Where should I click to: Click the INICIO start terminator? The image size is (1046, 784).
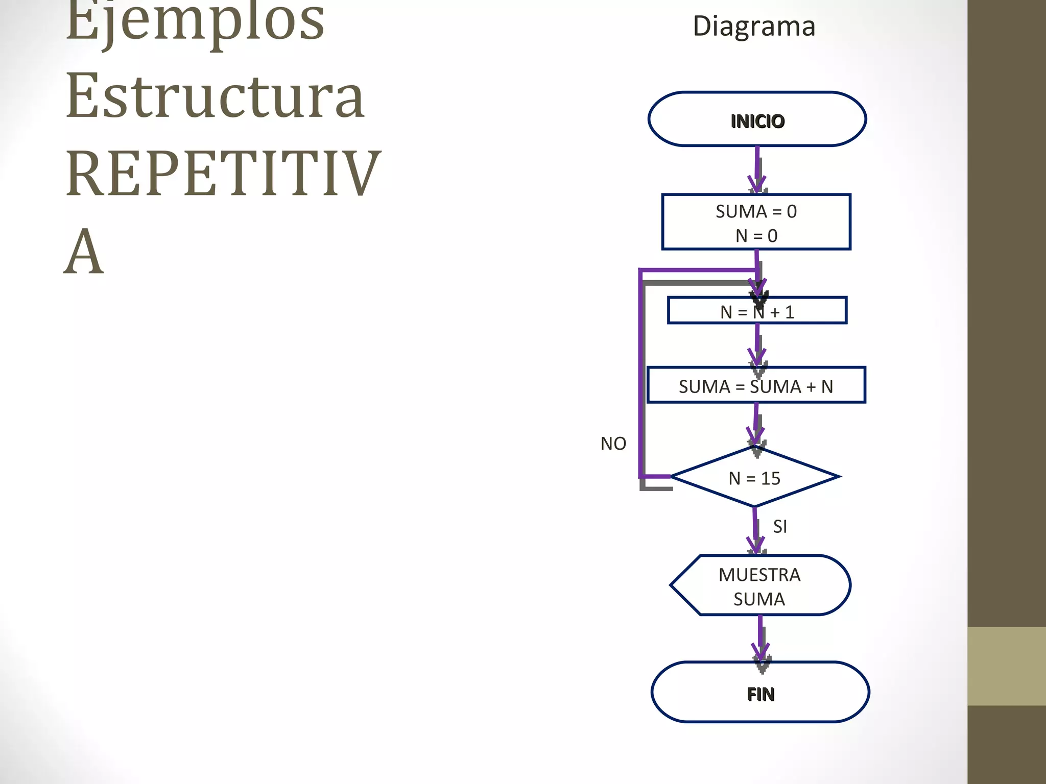point(757,119)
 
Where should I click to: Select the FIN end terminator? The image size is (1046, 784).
point(760,693)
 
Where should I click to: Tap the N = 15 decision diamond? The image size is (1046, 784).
point(754,477)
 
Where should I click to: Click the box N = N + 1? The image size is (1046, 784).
point(757,311)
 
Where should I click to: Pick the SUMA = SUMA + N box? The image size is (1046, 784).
point(756,385)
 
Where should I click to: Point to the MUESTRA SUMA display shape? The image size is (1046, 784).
point(759,586)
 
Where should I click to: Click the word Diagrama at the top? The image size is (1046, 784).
point(753,26)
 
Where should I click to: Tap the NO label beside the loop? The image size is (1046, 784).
point(613,444)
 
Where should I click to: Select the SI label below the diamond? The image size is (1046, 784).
point(779,526)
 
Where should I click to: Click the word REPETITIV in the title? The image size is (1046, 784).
point(223,174)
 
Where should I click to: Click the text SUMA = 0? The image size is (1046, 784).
point(756,211)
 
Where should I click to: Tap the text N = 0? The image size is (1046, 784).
point(756,236)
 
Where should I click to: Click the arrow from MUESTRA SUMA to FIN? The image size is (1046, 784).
point(760,638)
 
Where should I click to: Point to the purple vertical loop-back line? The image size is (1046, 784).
point(640,373)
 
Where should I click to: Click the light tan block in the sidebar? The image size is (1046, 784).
point(1006,666)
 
